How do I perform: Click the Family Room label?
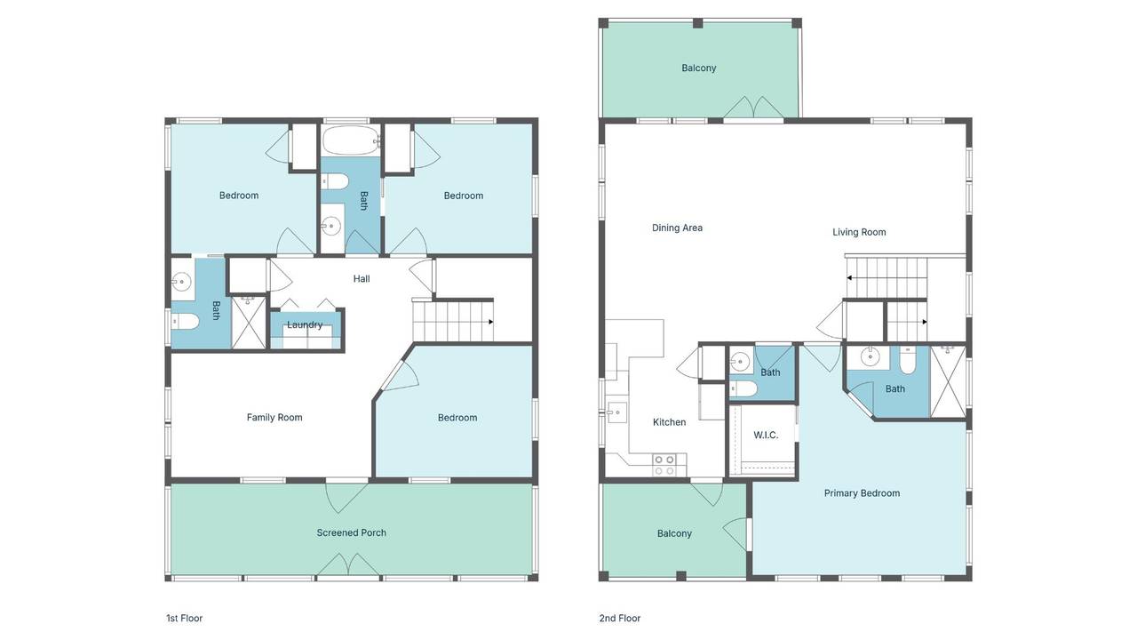pyautogui.click(x=274, y=418)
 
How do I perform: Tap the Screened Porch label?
pyautogui.click(x=351, y=532)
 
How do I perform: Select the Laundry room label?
pyautogui.click(x=305, y=325)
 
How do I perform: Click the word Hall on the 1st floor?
pyautogui.click(x=362, y=279)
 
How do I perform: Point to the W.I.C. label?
pyautogui.click(x=766, y=436)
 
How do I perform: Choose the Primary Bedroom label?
pyautogui.click(x=862, y=493)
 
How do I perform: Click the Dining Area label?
pyautogui.click(x=677, y=228)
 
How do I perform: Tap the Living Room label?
pyautogui.click(x=859, y=232)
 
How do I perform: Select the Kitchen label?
pyautogui.click(x=669, y=422)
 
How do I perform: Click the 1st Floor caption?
pyautogui.click(x=184, y=618)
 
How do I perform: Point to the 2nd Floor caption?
pyautogui.click(x=620, y=618)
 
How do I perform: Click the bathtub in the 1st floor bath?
pyautogui.click(x=350, y=140)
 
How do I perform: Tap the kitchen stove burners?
pyautogui.click(x=664, y=465)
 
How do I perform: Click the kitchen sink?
pyautogui.click(x=616, y=412)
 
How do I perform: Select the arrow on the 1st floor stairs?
pyautogui.click(x=491, y=322)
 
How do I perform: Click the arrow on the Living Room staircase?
pyautogui.click(x=849, y=278)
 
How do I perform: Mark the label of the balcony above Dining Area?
pyautogui.click(x=698, y=68)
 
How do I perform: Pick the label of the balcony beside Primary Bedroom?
pyautogui.click(x=674, y=533)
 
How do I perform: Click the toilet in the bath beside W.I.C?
pyautogui.click(x=743, y=388)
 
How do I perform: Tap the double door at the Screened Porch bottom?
pyautogui.click(x=347, y=565)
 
